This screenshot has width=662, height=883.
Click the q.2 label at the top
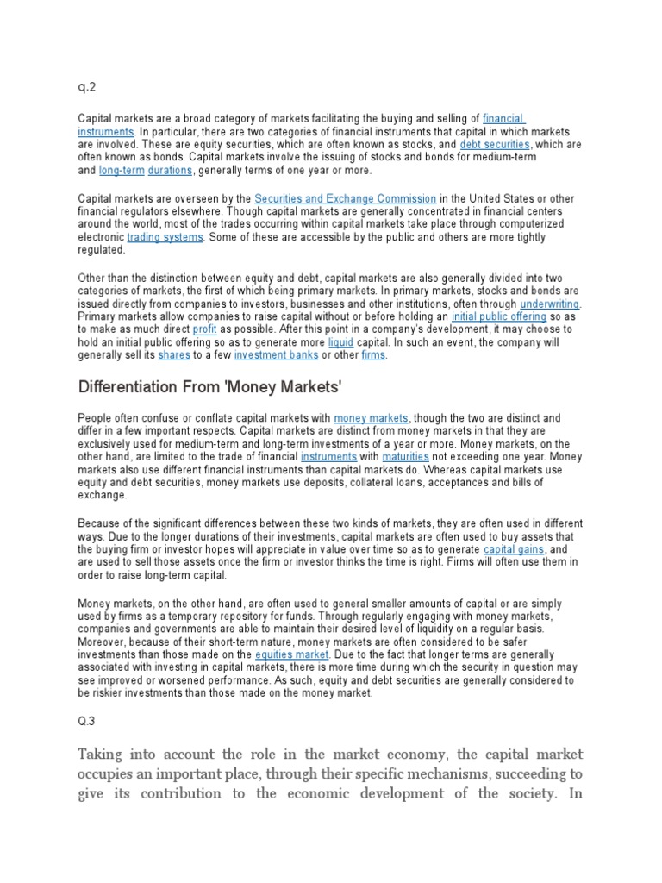86,85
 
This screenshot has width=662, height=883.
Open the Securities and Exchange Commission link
346,199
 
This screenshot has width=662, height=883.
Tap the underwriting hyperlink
550,305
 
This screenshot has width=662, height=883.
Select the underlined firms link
374,354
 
